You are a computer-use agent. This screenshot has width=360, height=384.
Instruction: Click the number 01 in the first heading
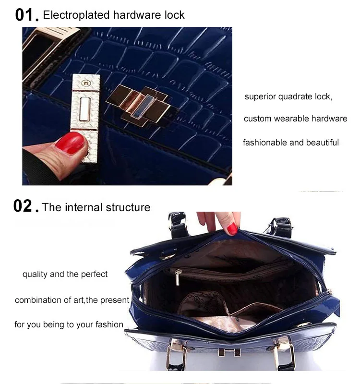[24, 15]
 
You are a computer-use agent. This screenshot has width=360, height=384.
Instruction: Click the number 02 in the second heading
[23, 206]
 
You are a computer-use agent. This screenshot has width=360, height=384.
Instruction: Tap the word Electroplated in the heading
[76, 15]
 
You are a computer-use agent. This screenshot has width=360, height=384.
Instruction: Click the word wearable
[291, 119]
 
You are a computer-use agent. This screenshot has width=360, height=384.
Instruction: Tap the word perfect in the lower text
[94, 274]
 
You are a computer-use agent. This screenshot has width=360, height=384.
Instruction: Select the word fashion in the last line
[109, 324]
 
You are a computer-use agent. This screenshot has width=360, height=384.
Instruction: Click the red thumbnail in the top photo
[70, 143]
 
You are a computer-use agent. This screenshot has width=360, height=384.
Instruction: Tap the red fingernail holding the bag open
[232, 229]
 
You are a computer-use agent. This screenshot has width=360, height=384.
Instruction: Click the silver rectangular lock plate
[85, 118]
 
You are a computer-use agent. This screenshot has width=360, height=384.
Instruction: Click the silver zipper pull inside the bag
[178, 277]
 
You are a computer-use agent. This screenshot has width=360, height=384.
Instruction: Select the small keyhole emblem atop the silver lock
[86, 83]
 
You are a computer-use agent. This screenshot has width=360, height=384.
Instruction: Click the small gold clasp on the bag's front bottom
[229, 352]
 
